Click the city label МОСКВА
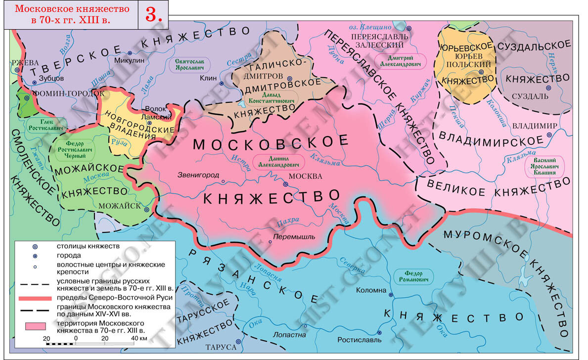coord(305,177)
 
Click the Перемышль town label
coord(295,237)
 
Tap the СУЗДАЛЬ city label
coord(530,95)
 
